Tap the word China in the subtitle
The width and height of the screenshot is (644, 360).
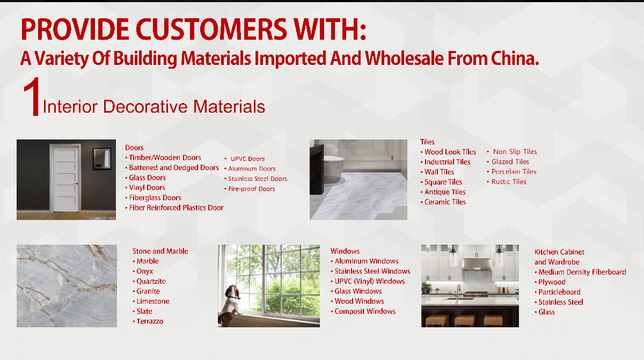coord(515,58)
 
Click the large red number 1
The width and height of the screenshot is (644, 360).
coord(32,96)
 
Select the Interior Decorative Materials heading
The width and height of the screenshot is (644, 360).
coord(154,107)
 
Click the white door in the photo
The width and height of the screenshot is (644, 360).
coord(66,179)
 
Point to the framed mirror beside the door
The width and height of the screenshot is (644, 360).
coord(102,158)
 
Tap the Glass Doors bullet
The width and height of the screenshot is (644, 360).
coord(145,178)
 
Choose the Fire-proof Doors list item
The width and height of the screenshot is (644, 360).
coord(250,189)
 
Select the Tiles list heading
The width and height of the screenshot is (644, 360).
coord(427,142)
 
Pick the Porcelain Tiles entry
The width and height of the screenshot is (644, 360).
coord(512,172)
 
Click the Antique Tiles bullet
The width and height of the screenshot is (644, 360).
coord(443,192)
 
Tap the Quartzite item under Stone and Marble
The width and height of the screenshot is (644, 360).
coord(150,281)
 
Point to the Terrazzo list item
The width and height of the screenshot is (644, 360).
coord(148,321)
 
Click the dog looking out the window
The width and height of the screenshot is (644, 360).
coord(230,305)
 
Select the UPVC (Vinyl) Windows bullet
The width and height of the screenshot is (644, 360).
coord(368,281)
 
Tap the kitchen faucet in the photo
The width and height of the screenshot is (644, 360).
coord(457,291)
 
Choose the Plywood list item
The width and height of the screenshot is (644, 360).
coord(550,282)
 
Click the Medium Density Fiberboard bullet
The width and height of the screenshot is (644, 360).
coord(581,272)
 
